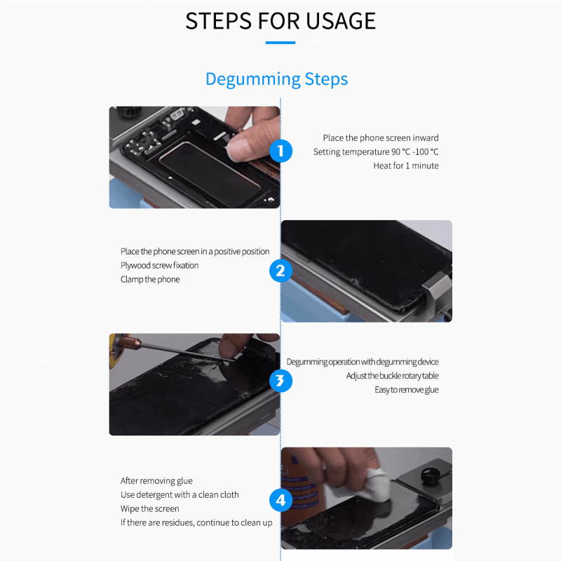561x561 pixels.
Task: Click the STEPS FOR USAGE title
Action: pyautogui.click(x=280, y=20)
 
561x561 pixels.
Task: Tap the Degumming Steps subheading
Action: pyautogui.click(x=276, y=79)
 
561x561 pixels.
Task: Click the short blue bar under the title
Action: pyautogui.click(x=280, y=43)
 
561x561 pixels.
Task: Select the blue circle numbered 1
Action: pyautogui.click(x=280, y=151)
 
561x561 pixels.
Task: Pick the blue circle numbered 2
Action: pyautogui.click(x=280, y=271)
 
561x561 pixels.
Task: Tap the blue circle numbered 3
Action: pyautogui.click(x=280, y=381)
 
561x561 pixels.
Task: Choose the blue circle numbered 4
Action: pyautogui.click(x=280, y=501)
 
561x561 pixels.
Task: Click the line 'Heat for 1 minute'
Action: pyautogui.click(x=405, y=165)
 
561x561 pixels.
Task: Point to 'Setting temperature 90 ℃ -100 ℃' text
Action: pyautogui.click(x=376, y=151)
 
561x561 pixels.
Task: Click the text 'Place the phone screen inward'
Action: pyautogui.click(x=381, y=138)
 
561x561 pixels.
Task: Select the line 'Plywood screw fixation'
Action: pyautogui.click(x=160, y=265)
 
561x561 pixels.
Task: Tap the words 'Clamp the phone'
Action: pyautogui.click(x=150, y=279)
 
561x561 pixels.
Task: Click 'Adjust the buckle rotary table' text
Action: pyautogui.click(x=392, y=376)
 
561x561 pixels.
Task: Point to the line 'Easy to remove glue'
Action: pyautogui.click(x=406, y=389)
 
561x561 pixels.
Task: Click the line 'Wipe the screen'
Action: pyautogui.click(x=150, y=508)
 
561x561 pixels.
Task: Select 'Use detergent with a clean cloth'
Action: pyautogui.click(x=180, y=494)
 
